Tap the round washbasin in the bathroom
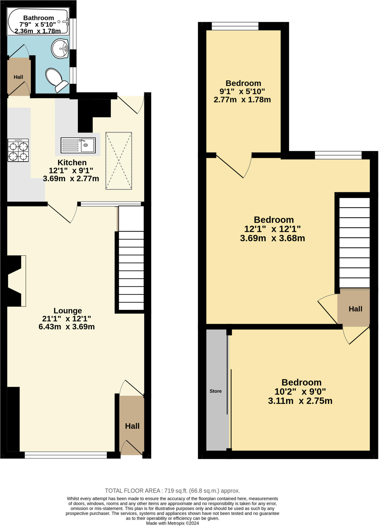tap(60, 49)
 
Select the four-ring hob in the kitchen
tap(18, 150)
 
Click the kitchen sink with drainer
tap(78, 145)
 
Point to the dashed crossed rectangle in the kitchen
tap(119, 161)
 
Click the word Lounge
tap(68, 311)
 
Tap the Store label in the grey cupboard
tap(215, 391)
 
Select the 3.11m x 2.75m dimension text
tap(300, 401)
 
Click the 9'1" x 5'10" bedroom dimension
tap(242, 91)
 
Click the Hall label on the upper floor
tap(355, 309)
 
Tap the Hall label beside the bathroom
tap(18, 77)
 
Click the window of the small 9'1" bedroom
tap(235, 26)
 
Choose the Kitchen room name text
tap(72, 163)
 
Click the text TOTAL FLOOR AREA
tap(133, 491)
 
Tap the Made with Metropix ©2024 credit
tap(172, 523)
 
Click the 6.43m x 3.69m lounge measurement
tap(67, 327)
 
